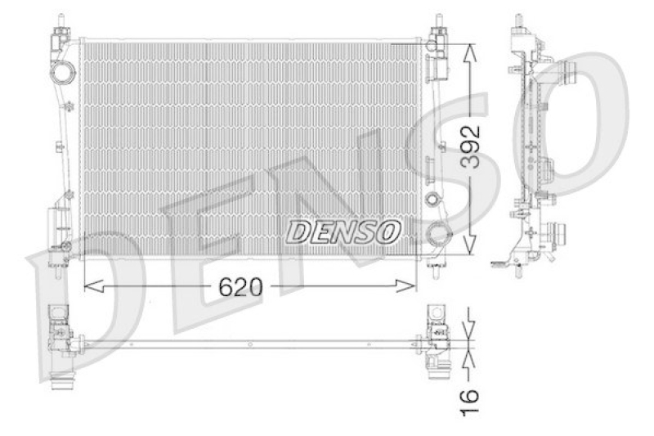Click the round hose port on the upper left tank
click(x=62, y=74)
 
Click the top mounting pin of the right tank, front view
click(x=440, y=20)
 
